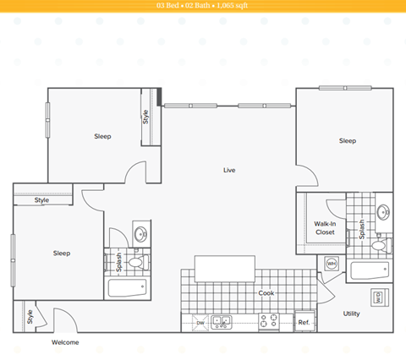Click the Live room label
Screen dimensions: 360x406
click(x=229, y=170)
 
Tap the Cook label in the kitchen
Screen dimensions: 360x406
click(x=266, y=293)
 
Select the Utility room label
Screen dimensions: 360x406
click(x=351, y=314)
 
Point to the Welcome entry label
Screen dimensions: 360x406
click(x=65, y=342)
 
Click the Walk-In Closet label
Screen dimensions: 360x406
click(x=325, y=227)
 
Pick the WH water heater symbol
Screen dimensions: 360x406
click(x=332, y=264)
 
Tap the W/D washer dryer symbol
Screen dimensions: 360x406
click(x=377, y=297)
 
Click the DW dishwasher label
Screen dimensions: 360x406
click(x=200, y=323)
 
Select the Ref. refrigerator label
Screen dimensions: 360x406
click(x=304, y=323)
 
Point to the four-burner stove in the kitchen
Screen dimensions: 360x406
click(x=269, y=322)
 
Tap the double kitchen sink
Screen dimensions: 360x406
click(x=222, y=322)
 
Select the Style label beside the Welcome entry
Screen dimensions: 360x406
click(x=30, y=319)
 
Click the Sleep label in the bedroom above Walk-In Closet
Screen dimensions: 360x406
click(x=347, y=141)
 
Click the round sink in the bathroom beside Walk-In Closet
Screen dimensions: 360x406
click(x=383, y=211)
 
